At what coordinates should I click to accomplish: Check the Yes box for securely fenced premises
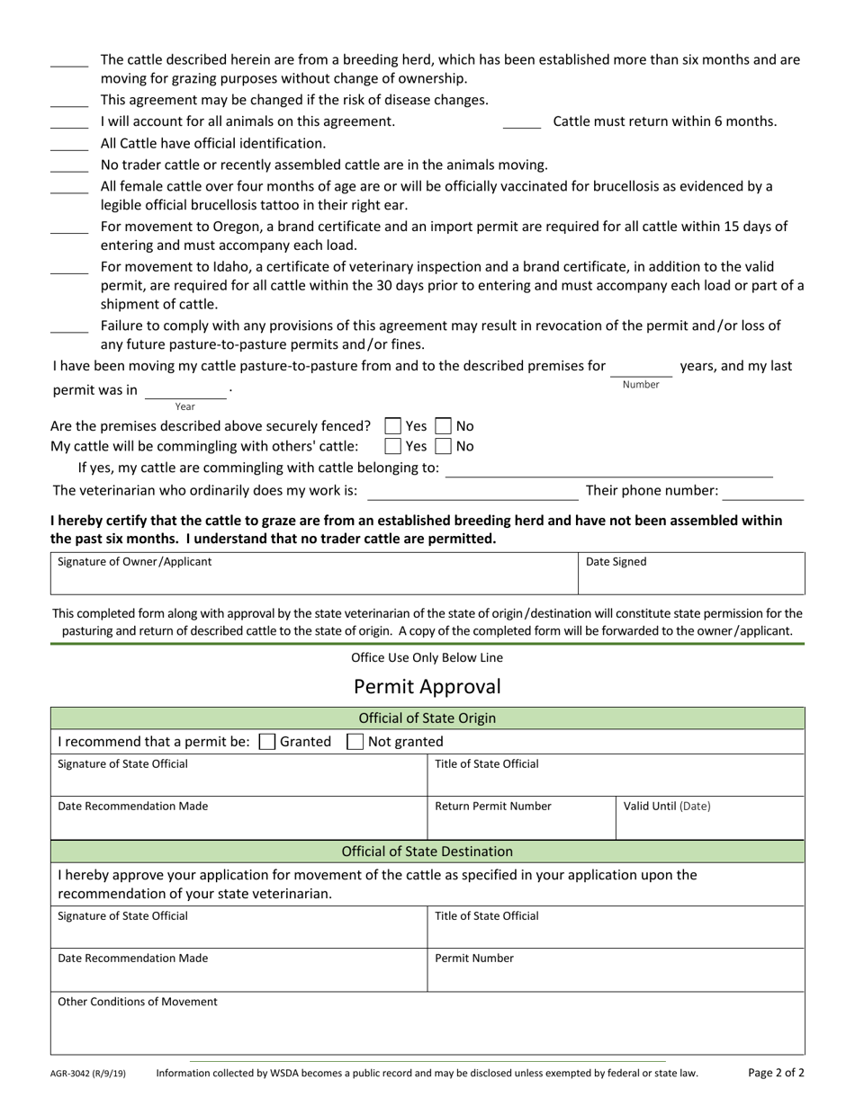pyautogui.click(x=392, y=426)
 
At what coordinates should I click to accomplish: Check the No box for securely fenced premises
pyautogui.click(x=443, y=426)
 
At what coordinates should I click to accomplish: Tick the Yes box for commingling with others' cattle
pyautogui.click(x=392, y=446)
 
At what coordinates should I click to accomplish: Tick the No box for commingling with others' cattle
pyautogui.click(x=443, y=446)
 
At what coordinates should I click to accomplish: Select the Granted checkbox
pyautogui.click(x=266, y=742)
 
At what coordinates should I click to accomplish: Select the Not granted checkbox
pyautogui.click(x=355, y=742)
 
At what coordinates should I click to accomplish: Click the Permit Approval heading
pyautogui.click(x=427, y=687)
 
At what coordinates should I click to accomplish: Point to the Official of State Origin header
pyautogui.click(x=427, y=718)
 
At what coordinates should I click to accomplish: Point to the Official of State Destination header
pyautogui.click(x=427, y=852)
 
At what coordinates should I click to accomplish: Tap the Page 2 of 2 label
pyautogui.click(x=776, y=1073)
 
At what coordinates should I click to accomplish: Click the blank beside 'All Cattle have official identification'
pyautogui.click(x=69, y=144)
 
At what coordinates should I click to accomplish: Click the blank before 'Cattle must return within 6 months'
pyautogui.click(x=521, y=122)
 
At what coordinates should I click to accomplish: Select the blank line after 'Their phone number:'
pyautogui.click(x=763, y=492)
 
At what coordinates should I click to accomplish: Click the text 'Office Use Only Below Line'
pyautogui.click(x=427, y=658)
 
